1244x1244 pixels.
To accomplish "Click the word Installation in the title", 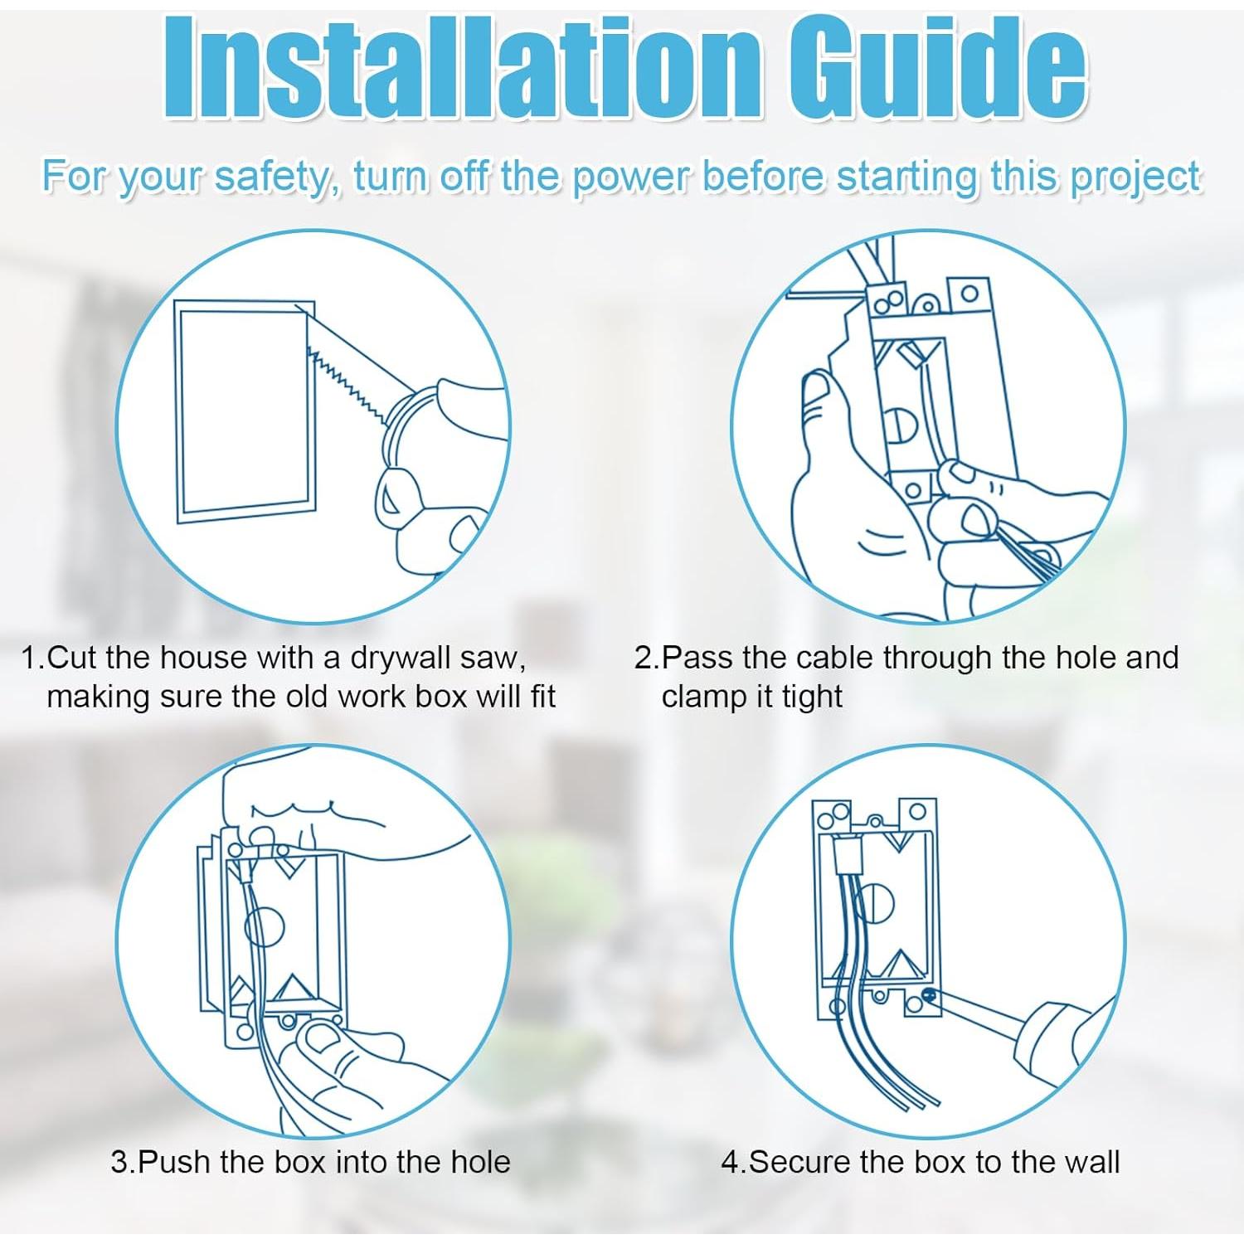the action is click(461, 68).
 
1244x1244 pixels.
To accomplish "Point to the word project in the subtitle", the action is click(1135, 178).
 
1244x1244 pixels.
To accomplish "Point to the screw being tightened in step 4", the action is click(929, 995).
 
